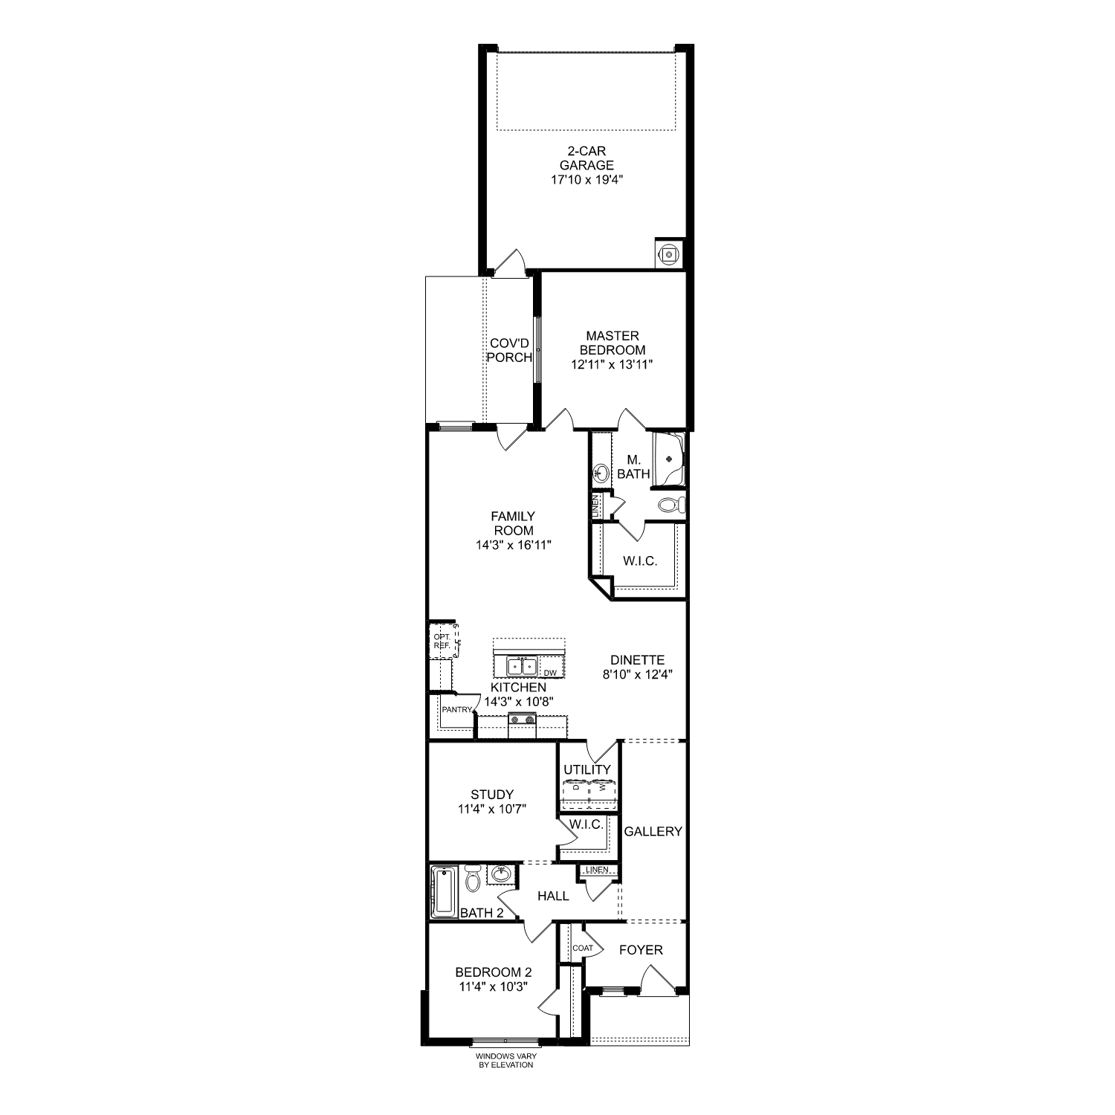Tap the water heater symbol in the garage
click(669, 253)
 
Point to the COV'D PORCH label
click(509, 350)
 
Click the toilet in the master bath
click(671, 506)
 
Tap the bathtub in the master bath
click(668, 459)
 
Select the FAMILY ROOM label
click(513, 523)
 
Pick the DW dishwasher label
click(550, 673)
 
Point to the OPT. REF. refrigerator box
click(442, 641)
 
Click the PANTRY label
click(456, 710)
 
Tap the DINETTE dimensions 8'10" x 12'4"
click(637, 675)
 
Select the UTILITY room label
click(586, 769)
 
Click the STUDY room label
click(492, 795)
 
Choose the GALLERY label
click(653, 831)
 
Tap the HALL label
click(553, 896)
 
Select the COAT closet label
click(583, 948)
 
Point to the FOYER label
click(641, 950)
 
